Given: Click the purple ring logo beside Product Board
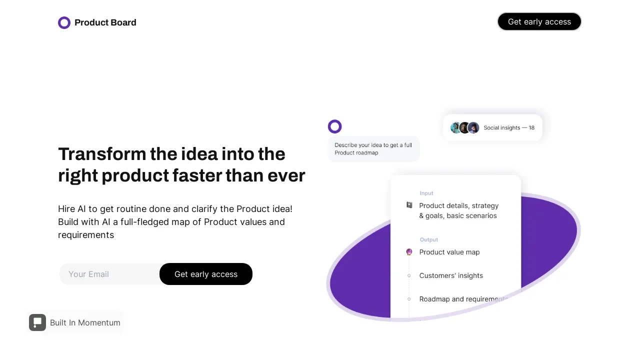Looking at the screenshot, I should tap(64, 22).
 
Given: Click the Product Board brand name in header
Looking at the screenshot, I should tap(105, 22).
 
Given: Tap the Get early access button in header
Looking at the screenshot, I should tap(539, 21).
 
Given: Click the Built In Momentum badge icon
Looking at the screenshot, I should tap(37, 322).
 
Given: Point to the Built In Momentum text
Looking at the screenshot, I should tap(85, 323).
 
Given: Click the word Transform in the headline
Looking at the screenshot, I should tap(101, 154).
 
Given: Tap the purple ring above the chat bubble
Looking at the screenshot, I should tap(334, 126).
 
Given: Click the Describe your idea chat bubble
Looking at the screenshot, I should tap(373, 149).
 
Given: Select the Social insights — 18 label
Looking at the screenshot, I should tap(509, 128).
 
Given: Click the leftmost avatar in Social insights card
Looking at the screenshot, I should tap(456, 127).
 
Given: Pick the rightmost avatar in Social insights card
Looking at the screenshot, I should tap(473, 127).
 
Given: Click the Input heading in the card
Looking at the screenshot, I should tap(426, 193).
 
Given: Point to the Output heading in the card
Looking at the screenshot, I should tap(428, 239).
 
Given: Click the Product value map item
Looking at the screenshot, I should tap(449, 252).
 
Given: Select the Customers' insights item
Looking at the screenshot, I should tap(451, 275).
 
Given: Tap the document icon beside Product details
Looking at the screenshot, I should tap(409, 205).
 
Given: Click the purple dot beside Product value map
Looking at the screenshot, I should tap(409, 252).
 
